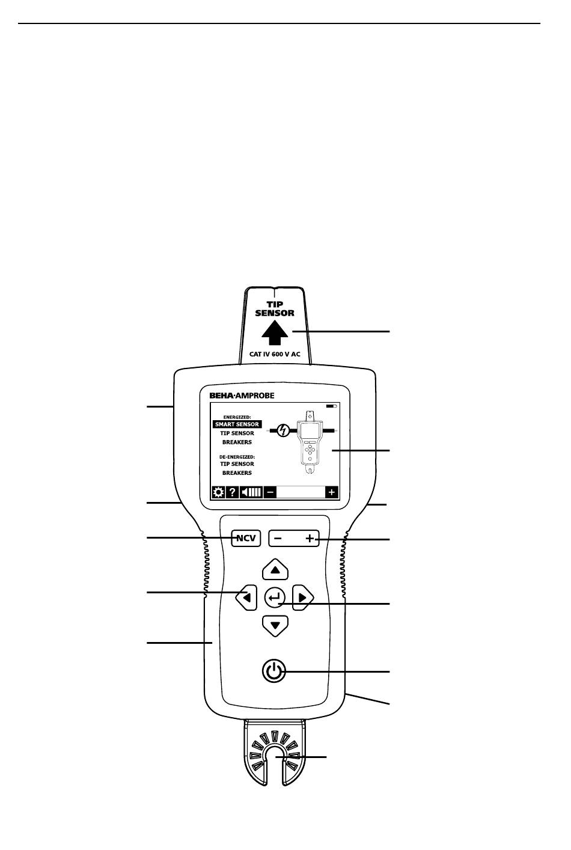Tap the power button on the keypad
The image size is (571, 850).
click(274, 670)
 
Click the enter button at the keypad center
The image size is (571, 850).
click(275, 598)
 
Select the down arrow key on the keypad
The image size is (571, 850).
click(275, 626)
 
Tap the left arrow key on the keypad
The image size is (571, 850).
click(246, 598)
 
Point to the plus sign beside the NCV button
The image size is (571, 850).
click(310, 539)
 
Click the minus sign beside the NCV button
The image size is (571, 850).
click(278, 539)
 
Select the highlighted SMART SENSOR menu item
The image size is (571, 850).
click(237, 424)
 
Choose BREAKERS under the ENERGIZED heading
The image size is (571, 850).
click(237, 442)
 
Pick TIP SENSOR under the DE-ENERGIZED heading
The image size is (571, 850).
click(237, 464)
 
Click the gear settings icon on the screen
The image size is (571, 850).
click(218, 492)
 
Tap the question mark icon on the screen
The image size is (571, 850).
click(233, 492)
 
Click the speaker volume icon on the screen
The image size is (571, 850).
click(251, 492)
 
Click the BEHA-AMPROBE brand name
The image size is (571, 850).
click(241, 396)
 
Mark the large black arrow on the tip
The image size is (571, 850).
click(275, 332)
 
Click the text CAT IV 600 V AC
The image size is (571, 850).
click(275, 355)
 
